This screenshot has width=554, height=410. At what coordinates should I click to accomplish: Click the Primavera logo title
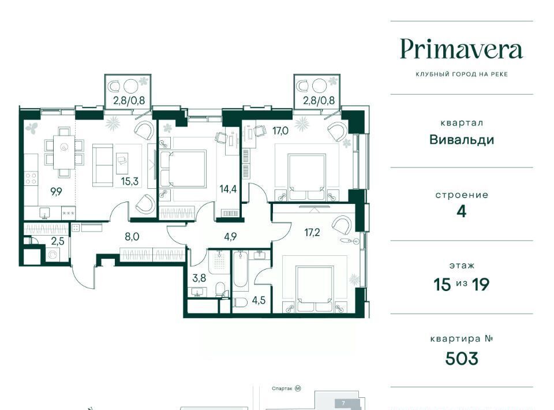(x=462, y=50)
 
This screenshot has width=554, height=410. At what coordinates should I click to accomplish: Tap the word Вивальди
(x=462, y=140)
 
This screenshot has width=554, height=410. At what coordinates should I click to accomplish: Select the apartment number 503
(x=462, y=359)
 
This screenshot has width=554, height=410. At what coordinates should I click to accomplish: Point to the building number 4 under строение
(x=462, y=211)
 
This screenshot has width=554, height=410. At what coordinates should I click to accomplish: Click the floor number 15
(x=443, y=284)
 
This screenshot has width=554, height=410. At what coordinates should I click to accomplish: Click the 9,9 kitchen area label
(x=56, y=192)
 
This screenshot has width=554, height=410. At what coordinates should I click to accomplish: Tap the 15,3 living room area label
(x=130, y=181)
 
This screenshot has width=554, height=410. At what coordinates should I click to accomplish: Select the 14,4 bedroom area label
(x=228, y=189)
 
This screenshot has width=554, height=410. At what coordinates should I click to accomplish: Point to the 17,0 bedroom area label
(x=280, y=131)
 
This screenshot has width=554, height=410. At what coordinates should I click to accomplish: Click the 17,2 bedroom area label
(x=312, y=232)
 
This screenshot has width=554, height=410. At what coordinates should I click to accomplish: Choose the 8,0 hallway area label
(x=132, y=236)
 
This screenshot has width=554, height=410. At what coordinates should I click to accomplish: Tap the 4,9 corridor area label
(x=230, y=236)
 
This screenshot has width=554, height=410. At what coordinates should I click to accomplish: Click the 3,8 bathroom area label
(x=199, y=278)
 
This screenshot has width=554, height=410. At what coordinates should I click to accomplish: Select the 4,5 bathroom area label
(x=259, y=300)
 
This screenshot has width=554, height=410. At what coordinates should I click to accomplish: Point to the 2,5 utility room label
(x=58, y=241)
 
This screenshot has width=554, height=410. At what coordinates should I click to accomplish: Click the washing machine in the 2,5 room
(x=53, y=254)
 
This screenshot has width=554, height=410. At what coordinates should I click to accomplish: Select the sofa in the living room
(x=103, y=165)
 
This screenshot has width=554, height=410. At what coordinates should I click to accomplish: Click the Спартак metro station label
(x=282, y=389)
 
